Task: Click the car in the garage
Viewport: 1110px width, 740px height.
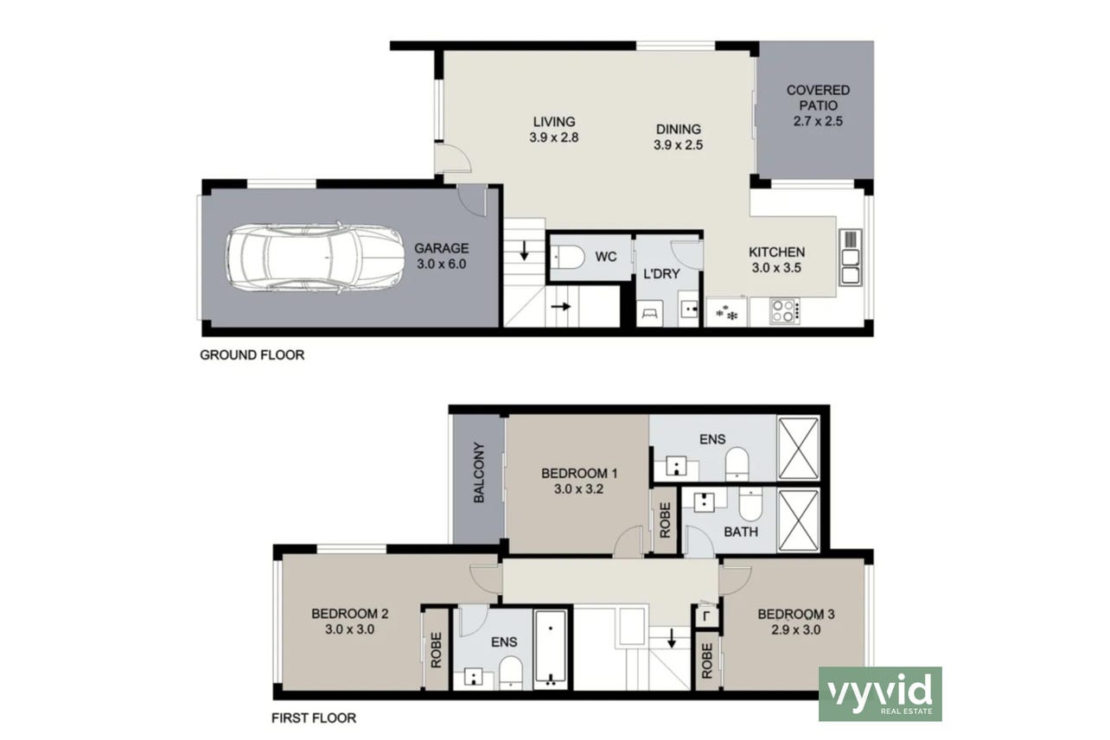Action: [316, 258]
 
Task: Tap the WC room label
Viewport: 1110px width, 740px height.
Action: [605, 257]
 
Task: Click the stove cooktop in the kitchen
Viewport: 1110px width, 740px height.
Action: [785, 310]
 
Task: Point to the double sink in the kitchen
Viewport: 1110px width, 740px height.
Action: [851, 258]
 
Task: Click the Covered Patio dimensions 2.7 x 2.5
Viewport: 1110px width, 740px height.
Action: [818, 121]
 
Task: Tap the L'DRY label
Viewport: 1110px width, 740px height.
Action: [661, 274]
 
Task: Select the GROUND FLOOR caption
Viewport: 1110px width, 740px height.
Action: [252, 355]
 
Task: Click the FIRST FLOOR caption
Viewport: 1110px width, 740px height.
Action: [314, 718]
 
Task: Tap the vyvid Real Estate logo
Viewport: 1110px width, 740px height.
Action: [880, 694]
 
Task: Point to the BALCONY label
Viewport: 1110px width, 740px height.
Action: [479, 473]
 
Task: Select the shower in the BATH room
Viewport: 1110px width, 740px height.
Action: [799, 520]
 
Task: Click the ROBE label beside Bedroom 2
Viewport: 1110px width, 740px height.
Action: [436, 650]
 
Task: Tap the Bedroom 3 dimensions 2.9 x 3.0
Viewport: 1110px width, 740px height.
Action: [796, 630]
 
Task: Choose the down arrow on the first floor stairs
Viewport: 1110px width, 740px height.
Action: [672, 638]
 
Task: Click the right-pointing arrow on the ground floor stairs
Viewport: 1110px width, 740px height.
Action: [561, 307]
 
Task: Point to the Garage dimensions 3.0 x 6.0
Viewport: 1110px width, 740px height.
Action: [441, 265]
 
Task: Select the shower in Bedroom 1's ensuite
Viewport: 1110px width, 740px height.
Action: [798, 449]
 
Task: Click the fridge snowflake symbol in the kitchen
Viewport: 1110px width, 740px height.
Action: [727, 313]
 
